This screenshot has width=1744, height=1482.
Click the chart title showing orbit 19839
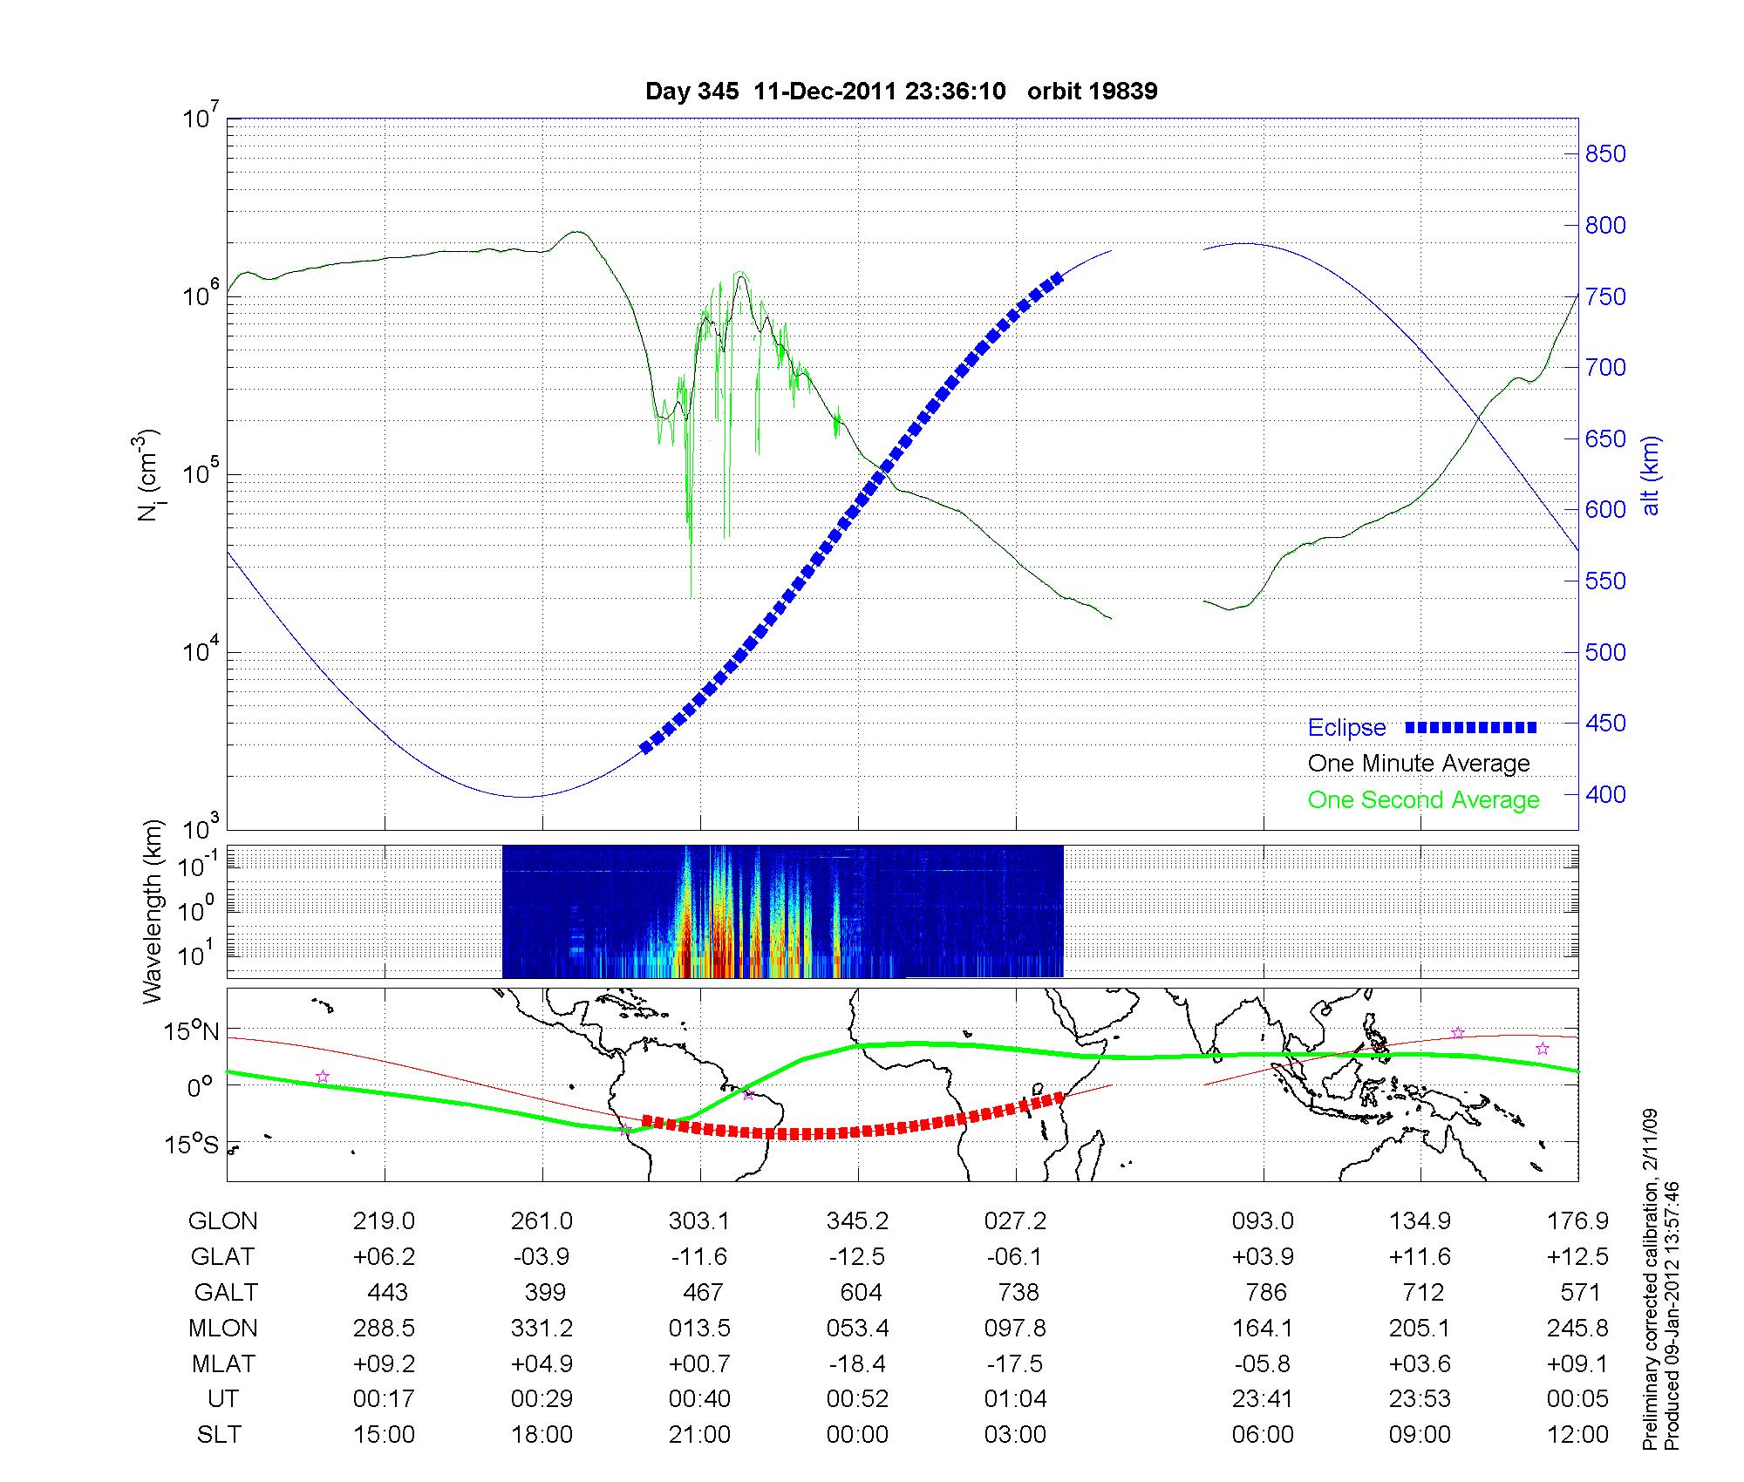901,92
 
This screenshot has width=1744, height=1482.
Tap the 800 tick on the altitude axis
1605,226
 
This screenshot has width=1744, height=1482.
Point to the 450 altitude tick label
1605,724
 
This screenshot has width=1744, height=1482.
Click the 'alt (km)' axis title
1651,475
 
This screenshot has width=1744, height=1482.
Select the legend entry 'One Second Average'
1423,800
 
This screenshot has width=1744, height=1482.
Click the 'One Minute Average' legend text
1419,764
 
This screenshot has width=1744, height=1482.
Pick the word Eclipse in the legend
1346,728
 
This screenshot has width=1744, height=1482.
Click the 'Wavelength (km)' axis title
153,911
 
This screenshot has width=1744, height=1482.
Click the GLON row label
222,1221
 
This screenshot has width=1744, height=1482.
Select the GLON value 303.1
699,1221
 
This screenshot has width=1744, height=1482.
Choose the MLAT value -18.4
858,1363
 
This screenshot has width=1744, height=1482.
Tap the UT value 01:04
1016,1399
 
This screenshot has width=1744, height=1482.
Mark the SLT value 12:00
1579,1435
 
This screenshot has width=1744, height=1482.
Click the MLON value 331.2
542,1328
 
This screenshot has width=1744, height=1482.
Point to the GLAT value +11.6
1421,1257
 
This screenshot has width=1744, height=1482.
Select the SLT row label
219,1435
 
